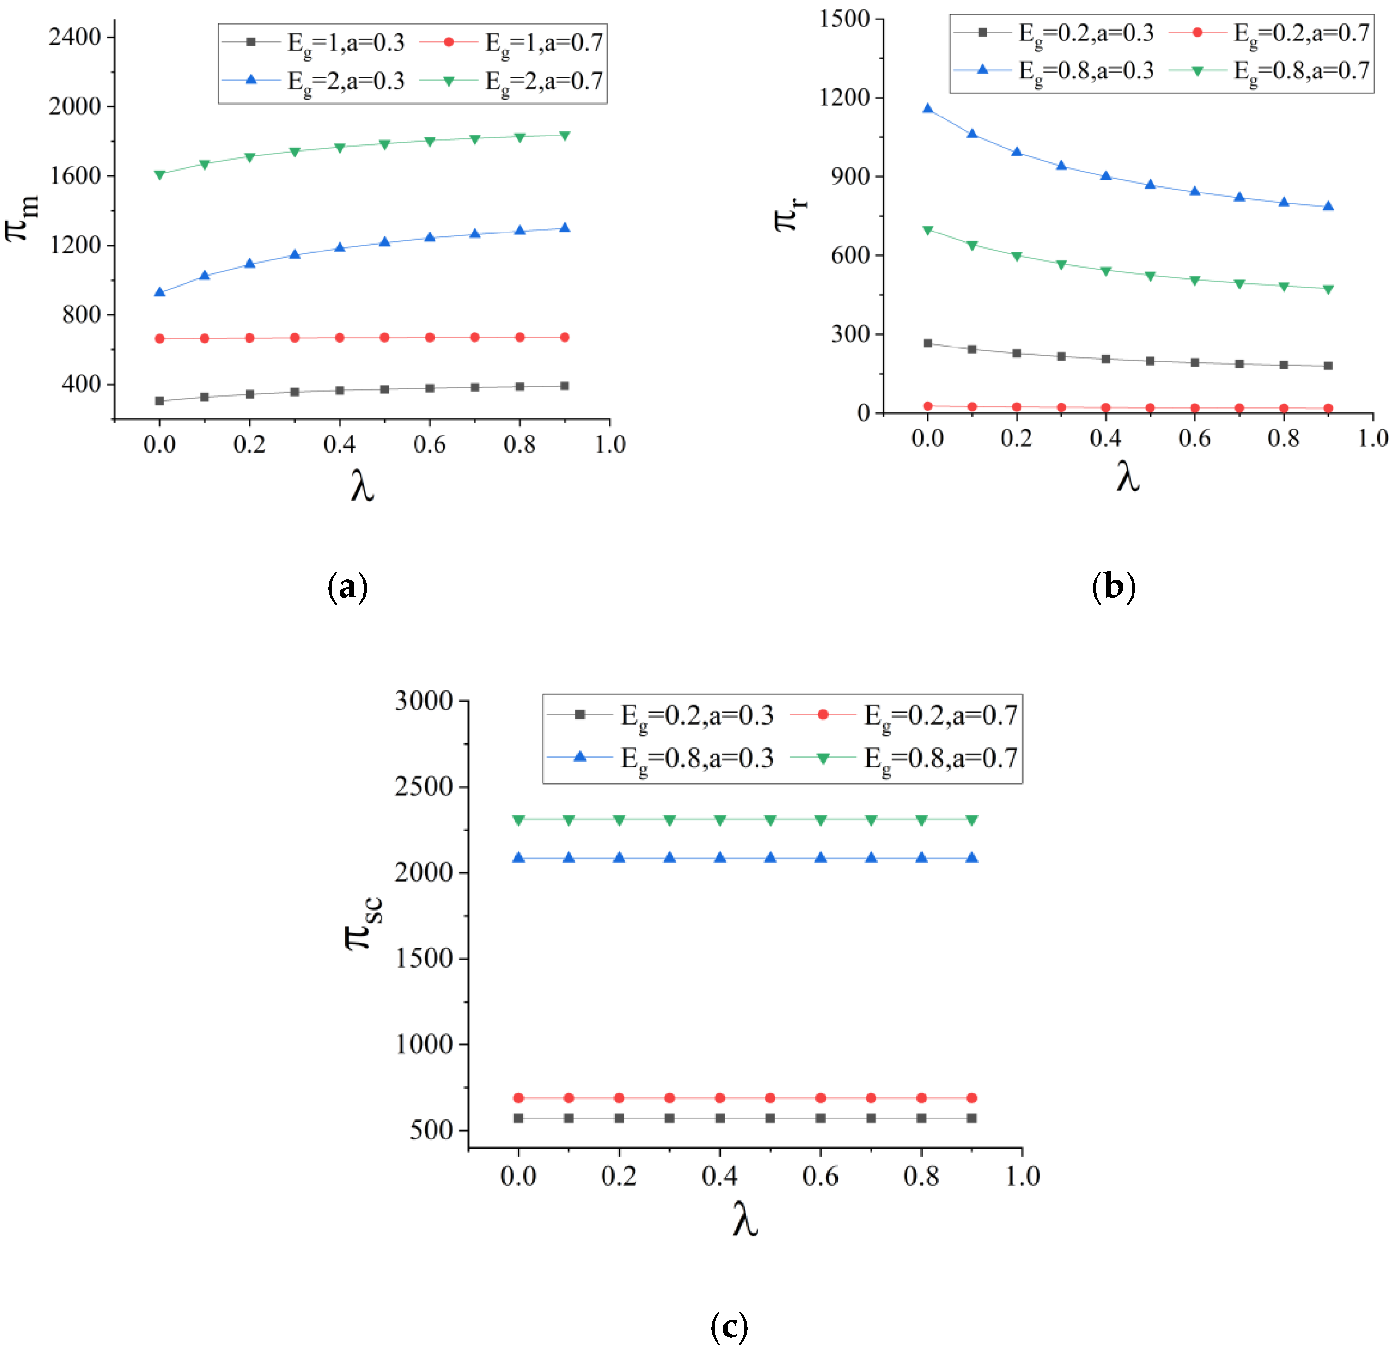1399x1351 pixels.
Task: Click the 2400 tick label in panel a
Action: pos(75,37)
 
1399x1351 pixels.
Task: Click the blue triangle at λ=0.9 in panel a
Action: pos(565,228)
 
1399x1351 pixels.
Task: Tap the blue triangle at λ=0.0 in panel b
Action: pos(928,109)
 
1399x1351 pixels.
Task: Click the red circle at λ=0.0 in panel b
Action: pos(928,406)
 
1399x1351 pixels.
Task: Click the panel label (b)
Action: pos(1114,587)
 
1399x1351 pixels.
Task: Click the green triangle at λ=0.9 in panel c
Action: pos(971,820)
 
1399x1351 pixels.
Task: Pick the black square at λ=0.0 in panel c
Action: pos(519,1118)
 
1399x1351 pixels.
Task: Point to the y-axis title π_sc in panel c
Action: pos(363,923)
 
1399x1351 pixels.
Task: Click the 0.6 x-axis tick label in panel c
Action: pos(820,1176)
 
